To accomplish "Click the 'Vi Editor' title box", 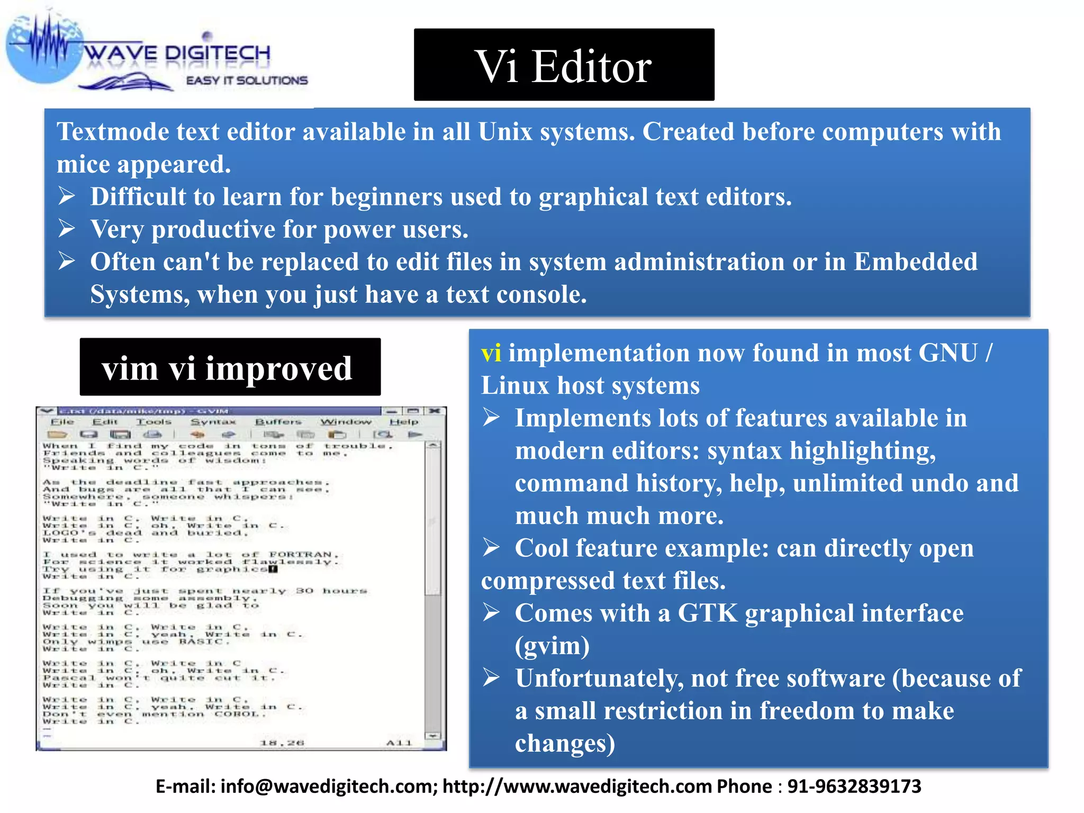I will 564,65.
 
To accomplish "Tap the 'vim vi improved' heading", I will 230,367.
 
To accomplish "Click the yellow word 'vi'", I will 491,353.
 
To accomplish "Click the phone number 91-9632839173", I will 854,786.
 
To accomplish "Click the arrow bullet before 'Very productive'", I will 67,229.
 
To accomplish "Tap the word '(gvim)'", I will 552,646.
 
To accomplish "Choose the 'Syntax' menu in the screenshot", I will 213,422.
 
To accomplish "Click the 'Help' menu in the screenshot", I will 404,422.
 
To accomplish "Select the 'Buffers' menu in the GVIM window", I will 278,422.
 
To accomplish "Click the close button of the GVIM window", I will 435,411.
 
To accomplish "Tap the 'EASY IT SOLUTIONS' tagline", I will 247,80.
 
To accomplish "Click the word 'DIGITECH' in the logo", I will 218,53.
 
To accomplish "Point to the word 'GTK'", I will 708,613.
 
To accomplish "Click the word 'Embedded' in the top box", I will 915,262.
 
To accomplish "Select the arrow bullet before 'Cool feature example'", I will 491,548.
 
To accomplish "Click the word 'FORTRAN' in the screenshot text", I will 300,555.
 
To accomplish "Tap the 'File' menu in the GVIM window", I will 62,422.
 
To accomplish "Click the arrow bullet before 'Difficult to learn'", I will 67,196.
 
